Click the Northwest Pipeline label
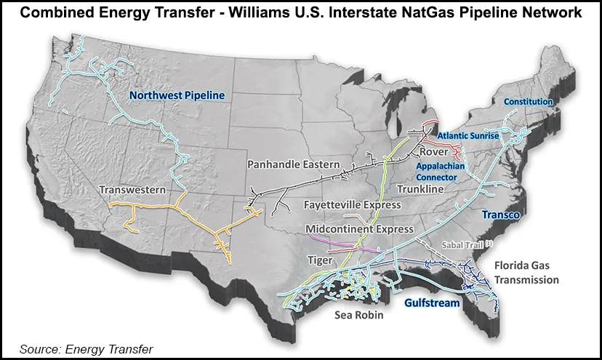point(177,95)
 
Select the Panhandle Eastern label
point(291,164)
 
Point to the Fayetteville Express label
point(352,205)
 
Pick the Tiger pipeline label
point(320,260)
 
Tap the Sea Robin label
point(358,316)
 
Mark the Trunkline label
point(420,189)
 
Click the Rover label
point(432,152)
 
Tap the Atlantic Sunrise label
point(467,135)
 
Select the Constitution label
point(528,102)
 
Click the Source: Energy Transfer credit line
point(87,349)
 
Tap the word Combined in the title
point(58,12)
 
